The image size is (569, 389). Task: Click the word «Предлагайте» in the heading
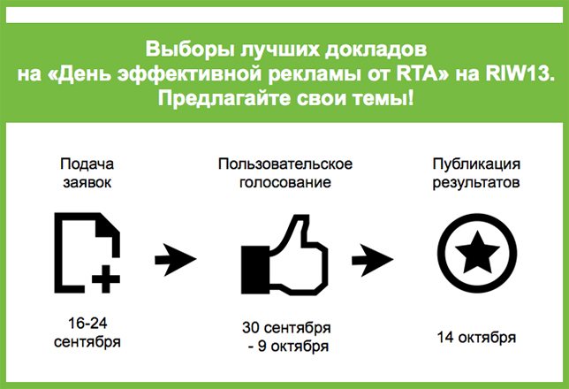tap(224, 99)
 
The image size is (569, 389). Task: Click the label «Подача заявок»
tap(87, 173)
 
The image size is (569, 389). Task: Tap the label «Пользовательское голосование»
tap(285, 173)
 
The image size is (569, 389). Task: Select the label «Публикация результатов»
tap(476, 173)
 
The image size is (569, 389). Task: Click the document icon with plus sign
tap(87, 253)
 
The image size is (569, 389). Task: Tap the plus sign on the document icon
tap(106, 279)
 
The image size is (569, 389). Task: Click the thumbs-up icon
tap(284, 255)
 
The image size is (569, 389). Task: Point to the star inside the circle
tap(477, 252)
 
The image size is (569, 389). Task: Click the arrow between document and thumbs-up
tap(176, 259)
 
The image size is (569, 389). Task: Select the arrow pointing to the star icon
tap(372, 259)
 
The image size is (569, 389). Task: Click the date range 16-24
tap(87, 323)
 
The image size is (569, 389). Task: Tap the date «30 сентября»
tap(286, 328)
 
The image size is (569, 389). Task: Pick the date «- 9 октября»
tap(289, 347)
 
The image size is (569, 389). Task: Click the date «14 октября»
tap(476, 337)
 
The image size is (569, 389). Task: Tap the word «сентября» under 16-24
tap(87, 342)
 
